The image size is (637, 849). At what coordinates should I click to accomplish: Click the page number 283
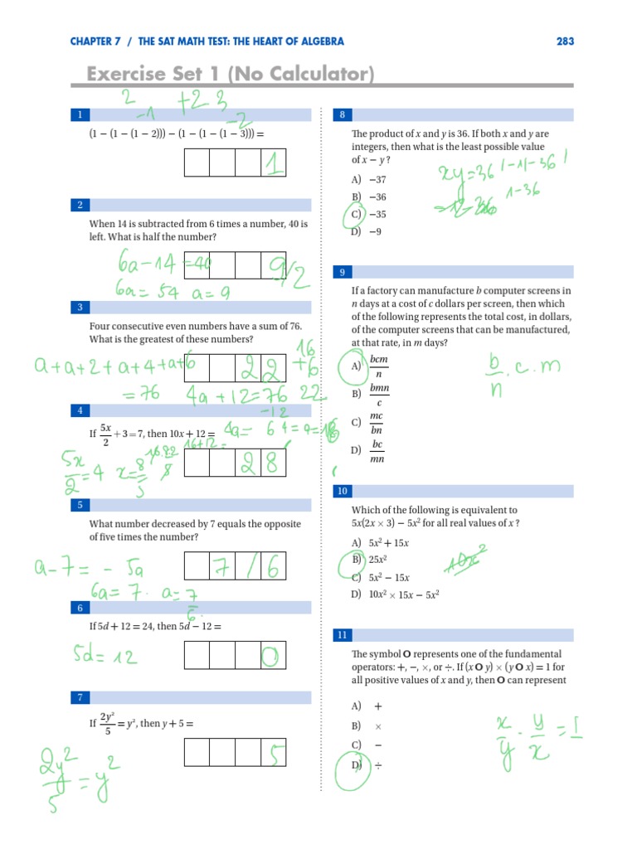pos(565,41)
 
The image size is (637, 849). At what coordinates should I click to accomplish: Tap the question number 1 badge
pos(80,115)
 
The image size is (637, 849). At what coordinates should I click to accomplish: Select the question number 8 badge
pos(343,115)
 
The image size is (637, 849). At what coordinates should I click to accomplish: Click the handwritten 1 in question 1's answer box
pos(272,163)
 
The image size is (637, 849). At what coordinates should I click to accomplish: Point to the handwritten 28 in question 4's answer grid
pos(260,464)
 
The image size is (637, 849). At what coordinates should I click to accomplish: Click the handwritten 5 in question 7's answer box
pos(273,753)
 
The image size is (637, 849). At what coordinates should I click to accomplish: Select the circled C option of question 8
pos(354,215)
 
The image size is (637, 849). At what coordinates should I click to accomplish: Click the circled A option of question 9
pos(355,366)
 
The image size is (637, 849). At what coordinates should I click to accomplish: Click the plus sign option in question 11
pos(378,706)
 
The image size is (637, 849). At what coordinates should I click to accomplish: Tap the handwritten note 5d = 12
pos(105,657)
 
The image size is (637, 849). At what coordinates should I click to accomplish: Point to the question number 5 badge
pos(80,505)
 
